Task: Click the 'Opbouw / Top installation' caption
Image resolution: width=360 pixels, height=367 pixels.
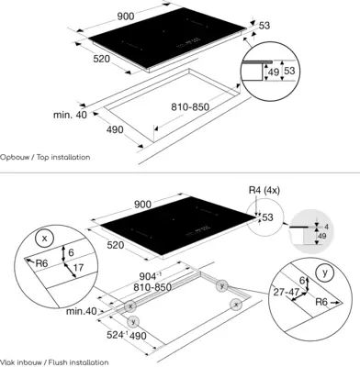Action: pos(45,157)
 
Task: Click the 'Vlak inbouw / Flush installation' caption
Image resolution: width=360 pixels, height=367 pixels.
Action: pos(54,362)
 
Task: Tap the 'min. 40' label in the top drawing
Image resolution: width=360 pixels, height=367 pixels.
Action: pos(70,115)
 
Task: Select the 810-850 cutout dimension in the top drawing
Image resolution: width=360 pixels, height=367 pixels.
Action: pos(190,107)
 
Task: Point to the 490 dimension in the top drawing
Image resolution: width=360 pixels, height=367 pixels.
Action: pos(115,129)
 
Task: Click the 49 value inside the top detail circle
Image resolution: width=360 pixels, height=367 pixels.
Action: pos(274,72)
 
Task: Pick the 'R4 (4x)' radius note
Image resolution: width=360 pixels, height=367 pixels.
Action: pos(264,190)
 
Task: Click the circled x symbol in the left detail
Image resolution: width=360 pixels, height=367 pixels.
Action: pos(45,239)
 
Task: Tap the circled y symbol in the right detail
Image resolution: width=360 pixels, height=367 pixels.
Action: pos(325,272)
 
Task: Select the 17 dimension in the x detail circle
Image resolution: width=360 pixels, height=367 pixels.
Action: pos(78,268)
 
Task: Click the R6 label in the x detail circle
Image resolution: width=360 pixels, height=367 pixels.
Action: pos(42,263)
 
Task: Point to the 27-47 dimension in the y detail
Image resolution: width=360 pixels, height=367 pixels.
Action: pos(286,292)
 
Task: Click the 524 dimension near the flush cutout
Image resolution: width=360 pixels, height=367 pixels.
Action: pos(117,335)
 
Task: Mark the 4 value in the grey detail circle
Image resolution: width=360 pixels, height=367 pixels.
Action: pos(326,227)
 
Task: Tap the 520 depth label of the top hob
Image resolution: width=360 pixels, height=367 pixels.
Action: pos(101,58)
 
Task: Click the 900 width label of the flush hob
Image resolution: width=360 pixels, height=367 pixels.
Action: pos(142,205)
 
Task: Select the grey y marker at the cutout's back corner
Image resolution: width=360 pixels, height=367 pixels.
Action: pos(221,286)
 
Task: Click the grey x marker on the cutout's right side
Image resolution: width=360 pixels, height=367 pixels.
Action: pos(236,305)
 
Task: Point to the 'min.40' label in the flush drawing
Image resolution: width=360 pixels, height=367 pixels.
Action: pos(82,311)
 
